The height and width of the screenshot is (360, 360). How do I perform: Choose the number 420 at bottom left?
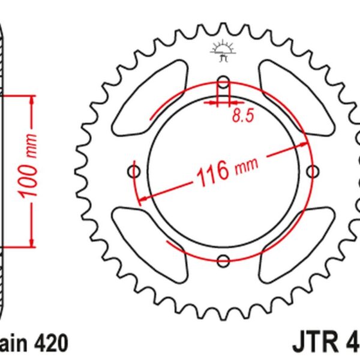[50, 343]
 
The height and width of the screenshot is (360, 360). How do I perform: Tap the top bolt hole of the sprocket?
[223, 82]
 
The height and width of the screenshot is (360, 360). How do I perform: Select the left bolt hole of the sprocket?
[134, 171]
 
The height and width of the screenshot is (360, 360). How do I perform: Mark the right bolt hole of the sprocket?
[311, 171]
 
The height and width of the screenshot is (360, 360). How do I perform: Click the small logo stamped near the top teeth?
[222, 53]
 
